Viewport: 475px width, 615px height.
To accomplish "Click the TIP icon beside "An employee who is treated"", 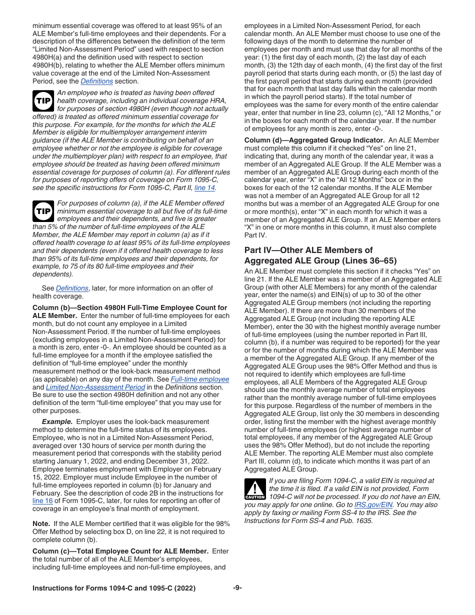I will pos(43,100).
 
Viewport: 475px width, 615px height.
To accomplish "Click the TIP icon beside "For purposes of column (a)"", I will pos(43,211).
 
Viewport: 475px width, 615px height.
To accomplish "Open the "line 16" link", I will pos(41,501).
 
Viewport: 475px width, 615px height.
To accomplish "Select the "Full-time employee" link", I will pos(200,379).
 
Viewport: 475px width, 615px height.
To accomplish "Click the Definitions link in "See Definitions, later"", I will pos(72,288).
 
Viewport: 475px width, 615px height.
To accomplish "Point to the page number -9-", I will pos(237,588).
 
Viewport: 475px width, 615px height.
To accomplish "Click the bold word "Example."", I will pos(57,421).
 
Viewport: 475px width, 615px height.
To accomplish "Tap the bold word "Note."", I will pos(41,523).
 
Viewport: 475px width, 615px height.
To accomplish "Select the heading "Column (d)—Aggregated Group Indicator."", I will pos(314,140).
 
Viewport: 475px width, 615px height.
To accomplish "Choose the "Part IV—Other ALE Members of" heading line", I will pos(308,250).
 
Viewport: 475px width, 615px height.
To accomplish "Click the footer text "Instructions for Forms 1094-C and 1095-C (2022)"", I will pos(114,588).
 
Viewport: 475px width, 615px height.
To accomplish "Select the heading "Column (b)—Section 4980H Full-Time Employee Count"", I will pos(129,307).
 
